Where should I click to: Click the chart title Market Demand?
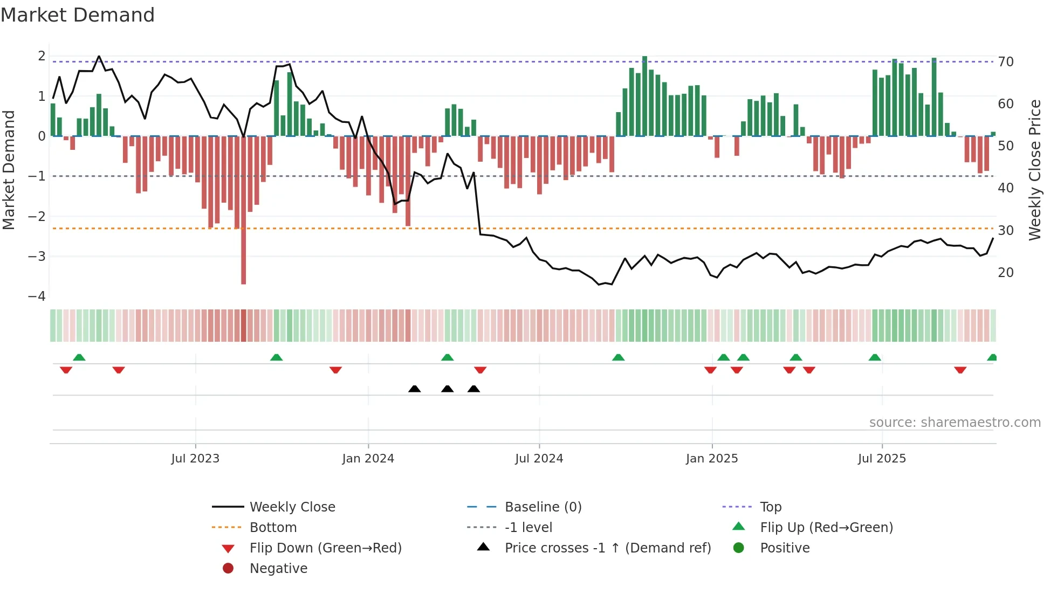click(78, 15)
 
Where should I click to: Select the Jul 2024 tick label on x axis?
click(539, 459)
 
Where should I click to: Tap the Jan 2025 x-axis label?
click(711, 459)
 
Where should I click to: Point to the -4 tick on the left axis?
click(37, 296)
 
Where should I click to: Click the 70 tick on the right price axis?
click(1005, 62)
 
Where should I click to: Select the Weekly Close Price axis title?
click(1034, 170)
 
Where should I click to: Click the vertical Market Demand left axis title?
click(9, 170)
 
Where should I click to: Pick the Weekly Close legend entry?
click(292, 507)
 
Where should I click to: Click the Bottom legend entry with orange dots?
click(273, 528)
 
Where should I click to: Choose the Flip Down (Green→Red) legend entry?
click(325, 548)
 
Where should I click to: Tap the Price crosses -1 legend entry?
click(607, 548)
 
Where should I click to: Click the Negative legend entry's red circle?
click(228, 569)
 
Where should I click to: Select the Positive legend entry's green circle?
click(739, 548)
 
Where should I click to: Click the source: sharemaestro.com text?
click(955, 423)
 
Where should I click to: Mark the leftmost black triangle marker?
click(414, 389)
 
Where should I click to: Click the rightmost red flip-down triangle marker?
click(960, 370)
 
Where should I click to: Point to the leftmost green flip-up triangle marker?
click(79, 357)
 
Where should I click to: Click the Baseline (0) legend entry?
click(543, 507)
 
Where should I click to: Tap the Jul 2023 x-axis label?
click(195, 459)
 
